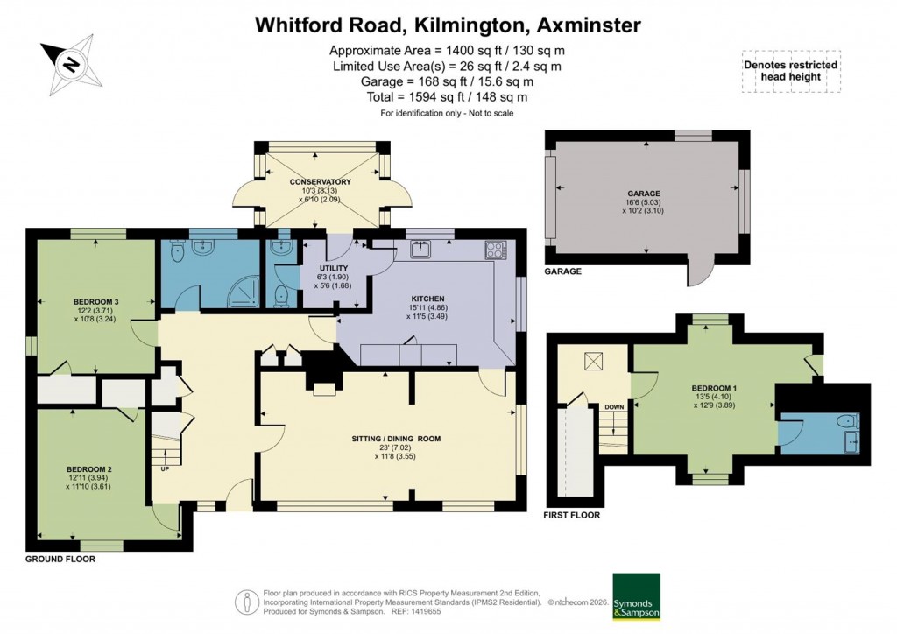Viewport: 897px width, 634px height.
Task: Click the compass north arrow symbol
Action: tap(70, 62)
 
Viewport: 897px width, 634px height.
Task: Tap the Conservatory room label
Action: tap(320, 182)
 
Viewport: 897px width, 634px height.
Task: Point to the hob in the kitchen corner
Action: tap(496, 250)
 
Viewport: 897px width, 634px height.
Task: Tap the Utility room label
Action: tap(335, 268)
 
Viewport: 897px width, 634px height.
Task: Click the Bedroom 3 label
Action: tap(97, 302)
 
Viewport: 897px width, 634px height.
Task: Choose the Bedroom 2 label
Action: tap(89, 468)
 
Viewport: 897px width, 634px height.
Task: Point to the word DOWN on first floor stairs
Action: tap(614, 407)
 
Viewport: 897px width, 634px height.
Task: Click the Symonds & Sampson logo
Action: tap(636, 596)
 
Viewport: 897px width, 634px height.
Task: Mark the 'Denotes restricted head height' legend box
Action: tap(790, 71)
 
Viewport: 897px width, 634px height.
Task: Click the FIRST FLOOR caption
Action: tap(572, 515)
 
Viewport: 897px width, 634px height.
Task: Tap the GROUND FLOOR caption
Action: tap(60, 558)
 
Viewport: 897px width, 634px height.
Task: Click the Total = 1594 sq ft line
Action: tap(448, 97)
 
